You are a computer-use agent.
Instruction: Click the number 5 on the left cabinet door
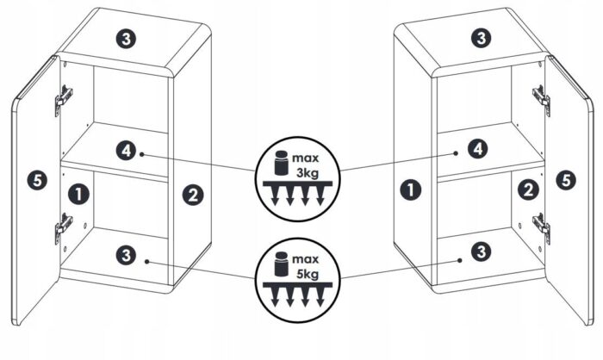37,180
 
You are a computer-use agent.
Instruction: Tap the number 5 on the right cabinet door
566,180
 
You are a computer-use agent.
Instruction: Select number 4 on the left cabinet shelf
126,151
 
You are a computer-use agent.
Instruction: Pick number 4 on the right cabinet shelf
478,148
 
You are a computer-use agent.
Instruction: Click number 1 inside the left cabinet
78,194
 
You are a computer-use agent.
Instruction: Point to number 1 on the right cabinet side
410,189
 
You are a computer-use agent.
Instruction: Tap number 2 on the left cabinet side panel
193,195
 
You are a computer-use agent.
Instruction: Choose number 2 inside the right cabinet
528,189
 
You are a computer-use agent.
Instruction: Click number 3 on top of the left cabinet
126,39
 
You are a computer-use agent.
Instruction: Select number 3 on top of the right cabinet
481,38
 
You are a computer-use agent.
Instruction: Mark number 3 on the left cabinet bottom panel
126,255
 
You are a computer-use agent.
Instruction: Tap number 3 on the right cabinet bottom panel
481,252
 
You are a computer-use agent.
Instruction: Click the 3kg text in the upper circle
308,173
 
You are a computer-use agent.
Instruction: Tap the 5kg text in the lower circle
308,274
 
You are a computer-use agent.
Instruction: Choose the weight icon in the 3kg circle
281,163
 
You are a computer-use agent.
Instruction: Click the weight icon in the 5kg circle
281,264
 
